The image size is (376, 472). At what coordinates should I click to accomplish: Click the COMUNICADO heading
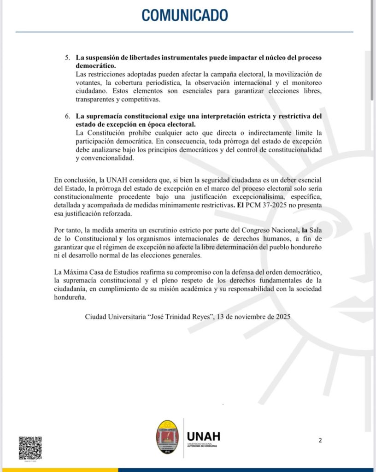(184, 16)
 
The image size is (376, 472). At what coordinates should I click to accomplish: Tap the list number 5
(67, 58)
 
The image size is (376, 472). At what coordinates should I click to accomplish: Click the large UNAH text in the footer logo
(204, 436)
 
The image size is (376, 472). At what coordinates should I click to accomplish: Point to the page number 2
(320, 440)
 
